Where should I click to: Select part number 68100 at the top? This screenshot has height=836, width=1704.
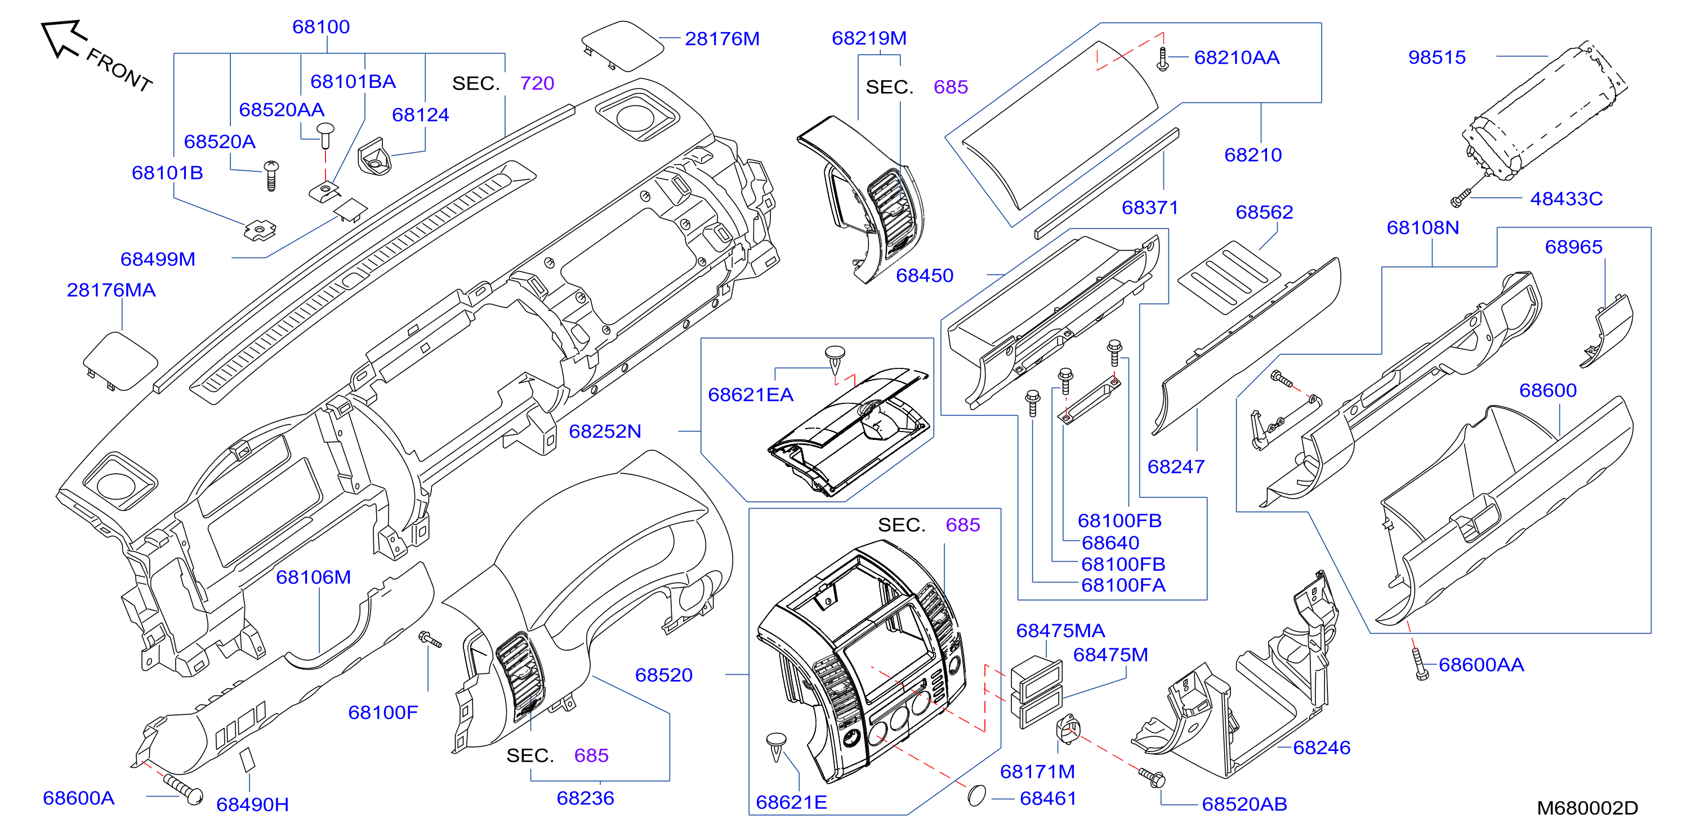321,27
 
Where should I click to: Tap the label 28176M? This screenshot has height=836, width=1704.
722,39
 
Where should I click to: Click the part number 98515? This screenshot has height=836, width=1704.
1437,57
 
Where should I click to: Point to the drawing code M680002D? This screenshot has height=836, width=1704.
1587,808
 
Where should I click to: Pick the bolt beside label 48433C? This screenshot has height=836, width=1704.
1461,197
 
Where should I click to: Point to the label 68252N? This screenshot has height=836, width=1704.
605,432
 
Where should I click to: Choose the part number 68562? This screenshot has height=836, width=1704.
1264,212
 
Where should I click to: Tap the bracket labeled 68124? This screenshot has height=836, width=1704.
376,156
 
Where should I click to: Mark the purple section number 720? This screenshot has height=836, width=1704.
537,83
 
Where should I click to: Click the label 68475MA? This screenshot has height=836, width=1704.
1060,631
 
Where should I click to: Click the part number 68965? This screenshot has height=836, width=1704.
1574,247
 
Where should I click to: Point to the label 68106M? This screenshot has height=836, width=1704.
314,577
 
